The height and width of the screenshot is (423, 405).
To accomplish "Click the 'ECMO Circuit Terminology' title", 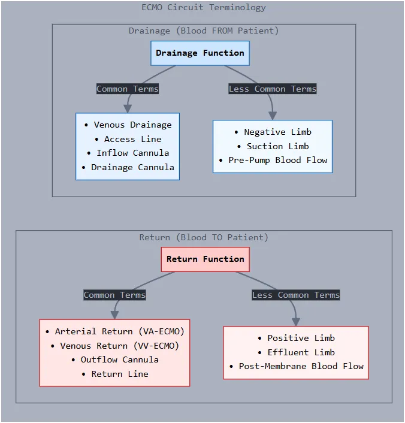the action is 204,7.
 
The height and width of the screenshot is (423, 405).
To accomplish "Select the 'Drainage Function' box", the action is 200,53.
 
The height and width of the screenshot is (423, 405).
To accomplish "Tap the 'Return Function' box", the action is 205,259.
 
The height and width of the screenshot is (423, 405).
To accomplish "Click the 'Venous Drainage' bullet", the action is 128,125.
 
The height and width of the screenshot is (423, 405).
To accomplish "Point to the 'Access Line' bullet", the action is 128,139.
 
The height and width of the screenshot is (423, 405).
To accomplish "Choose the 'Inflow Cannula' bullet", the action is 128,153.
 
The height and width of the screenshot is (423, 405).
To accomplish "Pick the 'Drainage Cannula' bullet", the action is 128,167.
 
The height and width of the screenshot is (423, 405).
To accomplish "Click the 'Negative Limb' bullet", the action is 273,132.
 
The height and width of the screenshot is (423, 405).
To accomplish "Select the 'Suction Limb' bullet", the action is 273,146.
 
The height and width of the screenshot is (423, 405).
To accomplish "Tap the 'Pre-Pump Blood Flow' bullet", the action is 273,160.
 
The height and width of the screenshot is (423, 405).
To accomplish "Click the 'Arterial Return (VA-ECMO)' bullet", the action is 114,331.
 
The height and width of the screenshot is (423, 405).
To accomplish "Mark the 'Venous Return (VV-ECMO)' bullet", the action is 114,346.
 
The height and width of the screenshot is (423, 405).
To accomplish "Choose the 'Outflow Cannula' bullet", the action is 114,359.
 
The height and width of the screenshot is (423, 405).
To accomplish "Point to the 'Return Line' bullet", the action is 114,374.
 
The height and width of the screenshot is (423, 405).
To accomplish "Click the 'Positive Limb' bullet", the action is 296,338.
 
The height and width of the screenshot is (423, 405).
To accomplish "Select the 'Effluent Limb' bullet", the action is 296,352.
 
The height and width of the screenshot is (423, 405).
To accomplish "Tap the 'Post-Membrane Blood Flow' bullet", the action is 296,366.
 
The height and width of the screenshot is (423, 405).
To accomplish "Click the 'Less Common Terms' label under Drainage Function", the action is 273,89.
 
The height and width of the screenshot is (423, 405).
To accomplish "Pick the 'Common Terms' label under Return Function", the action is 114,295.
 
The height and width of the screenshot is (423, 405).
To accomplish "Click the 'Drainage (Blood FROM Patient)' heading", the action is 204,31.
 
